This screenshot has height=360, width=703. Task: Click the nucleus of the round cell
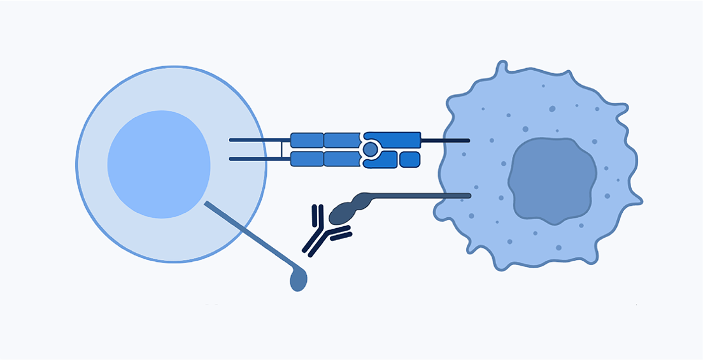(159, 164)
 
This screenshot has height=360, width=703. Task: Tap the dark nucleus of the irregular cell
(551, 181)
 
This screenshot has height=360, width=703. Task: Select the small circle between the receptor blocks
(369, 150)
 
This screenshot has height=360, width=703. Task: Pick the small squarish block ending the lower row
(410, 159)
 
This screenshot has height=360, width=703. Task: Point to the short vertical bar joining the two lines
(281, 150)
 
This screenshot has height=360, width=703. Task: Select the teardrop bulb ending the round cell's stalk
(298, 279)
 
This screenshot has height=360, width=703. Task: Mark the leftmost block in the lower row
(307, 159)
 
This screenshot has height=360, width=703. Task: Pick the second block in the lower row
(342, 159)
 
